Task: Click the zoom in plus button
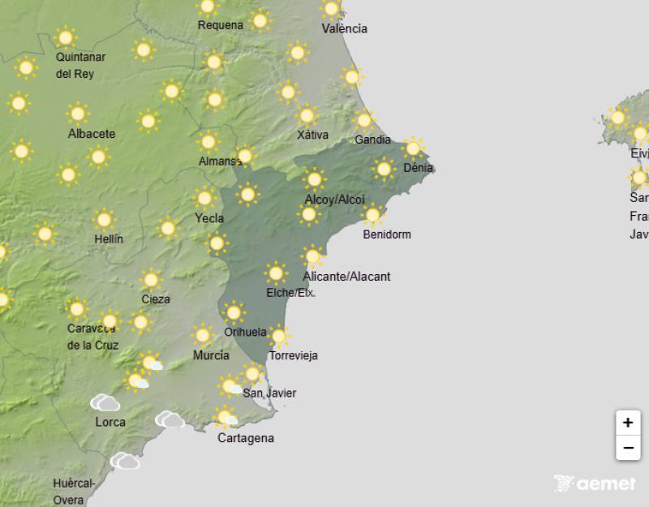627,423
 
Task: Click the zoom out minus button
627,447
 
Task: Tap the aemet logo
595,483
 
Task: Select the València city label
344,28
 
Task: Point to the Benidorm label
387,234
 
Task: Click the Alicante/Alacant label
346,277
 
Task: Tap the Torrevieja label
293,355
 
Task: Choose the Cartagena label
246,438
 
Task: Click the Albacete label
92,134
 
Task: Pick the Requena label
221,25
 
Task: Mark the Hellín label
108,239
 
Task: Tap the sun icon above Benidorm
372,215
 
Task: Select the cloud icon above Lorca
105,402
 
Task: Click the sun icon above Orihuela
234,312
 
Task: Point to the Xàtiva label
312,135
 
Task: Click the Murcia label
211,355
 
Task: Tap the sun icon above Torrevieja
278,335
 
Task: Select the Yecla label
209,217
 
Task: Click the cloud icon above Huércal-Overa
125,461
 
